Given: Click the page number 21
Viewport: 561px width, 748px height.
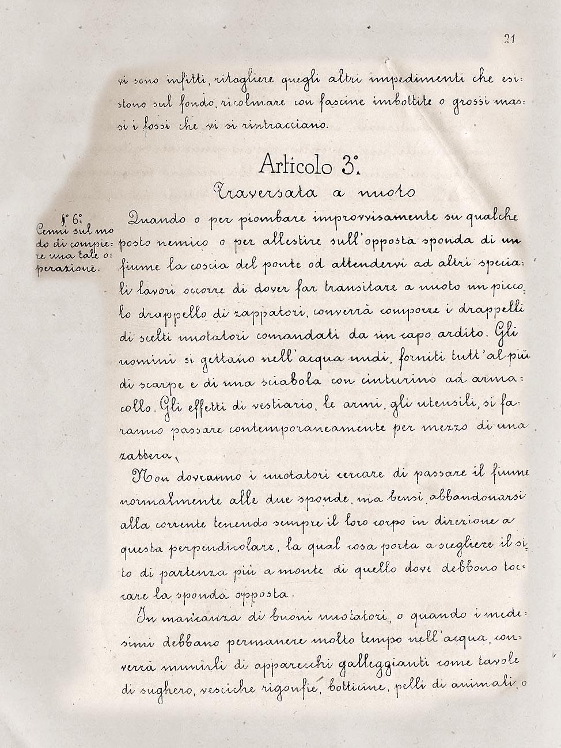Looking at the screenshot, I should click(509, 39).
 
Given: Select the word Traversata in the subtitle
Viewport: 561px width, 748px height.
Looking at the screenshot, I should click(264, 191).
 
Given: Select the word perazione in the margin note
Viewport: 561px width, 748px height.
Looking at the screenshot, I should click(69, 268).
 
